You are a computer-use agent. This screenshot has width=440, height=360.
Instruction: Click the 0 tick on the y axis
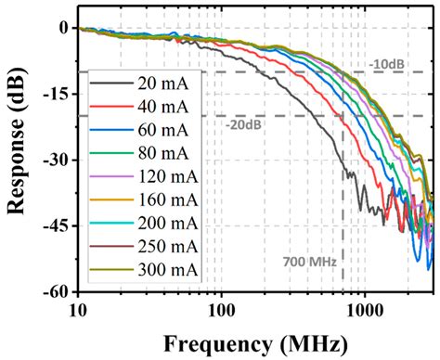64,28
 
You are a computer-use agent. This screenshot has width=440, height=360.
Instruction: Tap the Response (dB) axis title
18,159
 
